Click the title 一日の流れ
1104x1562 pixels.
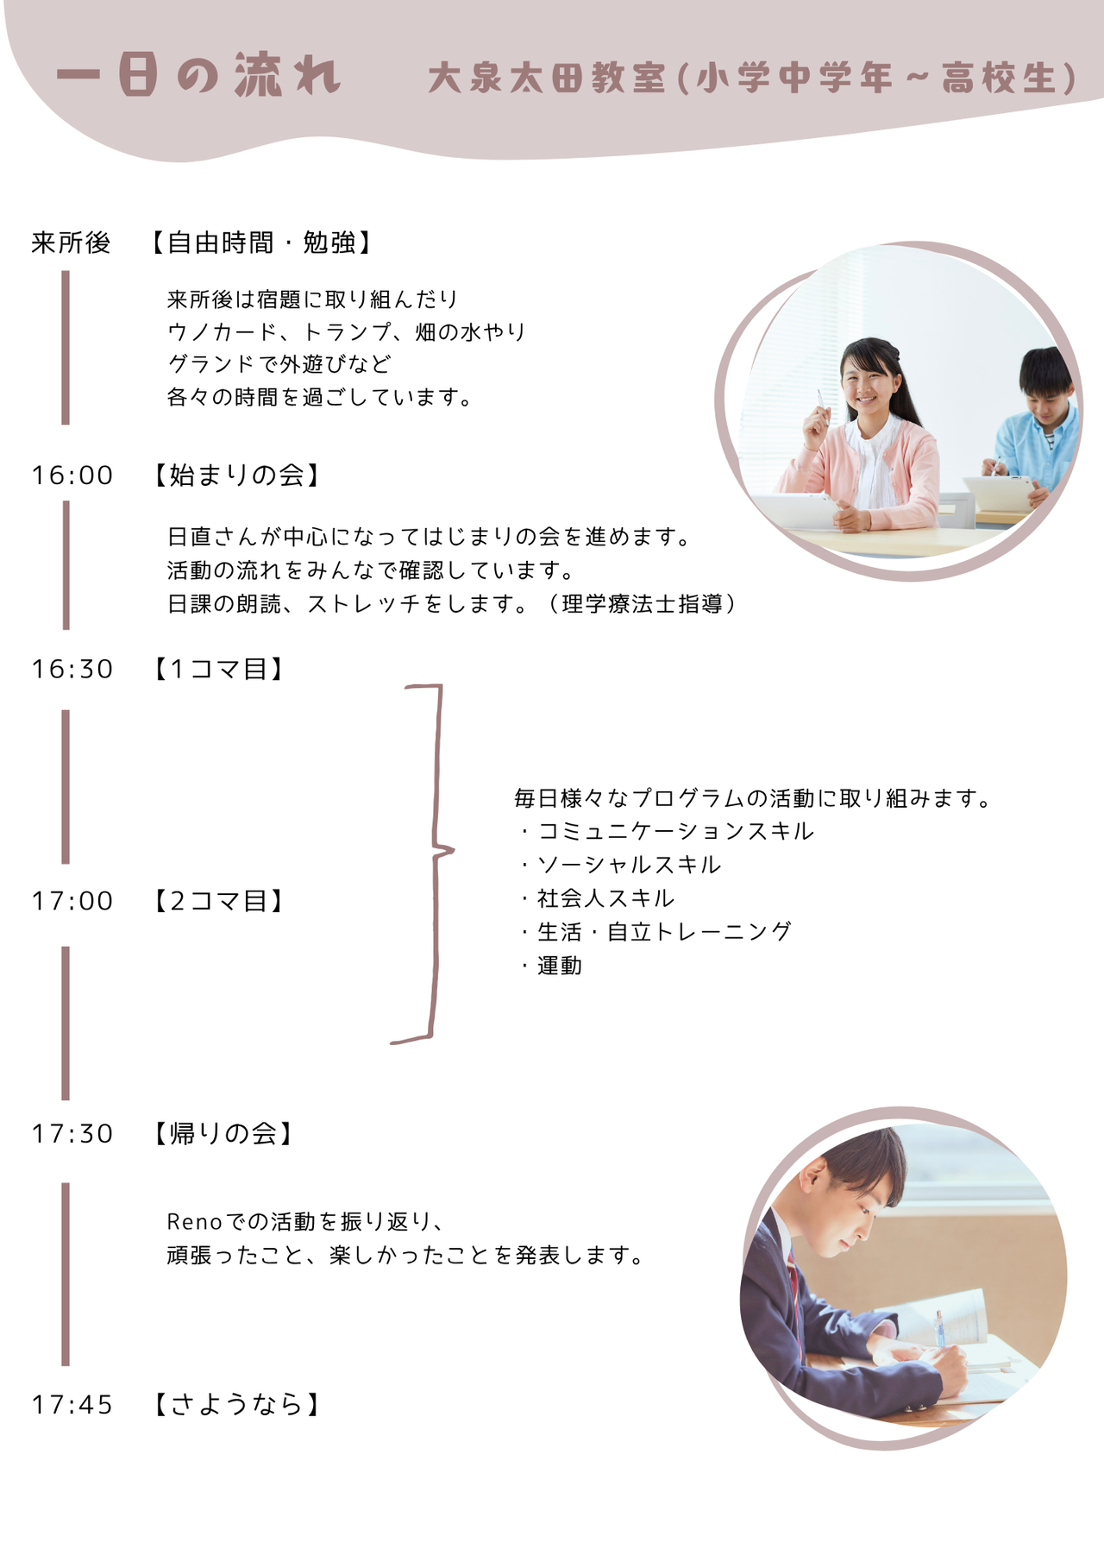[198, 75]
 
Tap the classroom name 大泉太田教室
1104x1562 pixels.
[547, 78]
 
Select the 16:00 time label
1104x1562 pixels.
[72, 476]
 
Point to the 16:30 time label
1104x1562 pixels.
[72, 670]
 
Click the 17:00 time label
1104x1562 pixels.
[72, 902]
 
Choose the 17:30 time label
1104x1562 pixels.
[72, 1134]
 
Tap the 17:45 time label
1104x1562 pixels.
[72, 1406]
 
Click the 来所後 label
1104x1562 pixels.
[71, 243]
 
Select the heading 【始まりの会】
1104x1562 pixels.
[235, 476]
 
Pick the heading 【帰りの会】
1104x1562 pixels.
[223, 1134]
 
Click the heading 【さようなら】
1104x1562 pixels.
[235, 1406]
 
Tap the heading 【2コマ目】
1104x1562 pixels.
[218, 902]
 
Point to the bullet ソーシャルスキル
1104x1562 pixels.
[629, 866]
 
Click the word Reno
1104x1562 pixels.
[194, 1223]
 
